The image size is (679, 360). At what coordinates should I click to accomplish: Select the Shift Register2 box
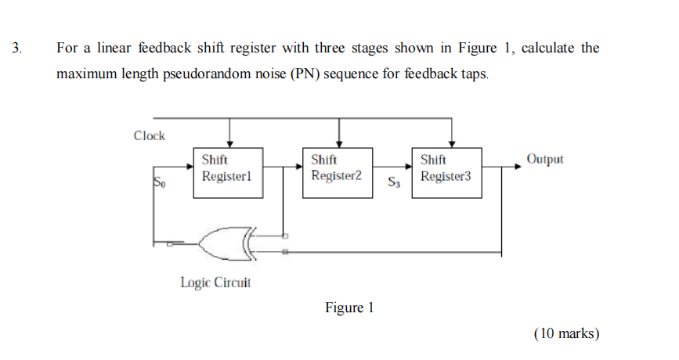click(337, 172)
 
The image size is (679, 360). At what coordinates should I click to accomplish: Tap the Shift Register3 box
click(446, 172)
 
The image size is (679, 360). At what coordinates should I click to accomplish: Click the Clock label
click(150, 135)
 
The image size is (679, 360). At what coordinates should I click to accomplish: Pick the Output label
click(545, 159)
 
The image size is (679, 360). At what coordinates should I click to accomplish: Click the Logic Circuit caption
click(215, 283)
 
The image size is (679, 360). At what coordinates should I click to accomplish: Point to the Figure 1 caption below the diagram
click(349, 308)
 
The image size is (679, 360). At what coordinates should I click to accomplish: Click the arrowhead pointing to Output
click(518, 165)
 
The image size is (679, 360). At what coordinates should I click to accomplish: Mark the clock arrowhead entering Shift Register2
click(338, 142)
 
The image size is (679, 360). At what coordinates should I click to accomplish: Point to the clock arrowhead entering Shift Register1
click(229, 142)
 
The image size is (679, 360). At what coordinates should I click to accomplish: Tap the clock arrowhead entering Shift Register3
click(452, 142)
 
